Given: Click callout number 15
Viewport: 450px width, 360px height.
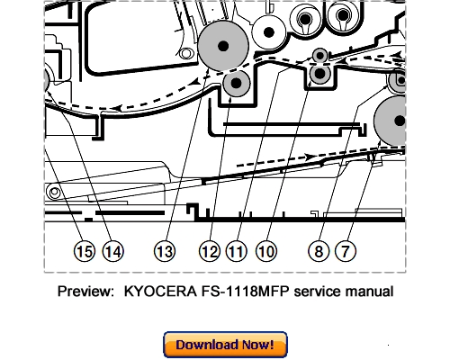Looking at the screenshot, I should click(x=85, y=252).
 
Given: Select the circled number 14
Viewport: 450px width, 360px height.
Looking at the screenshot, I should click(x=112, y=252).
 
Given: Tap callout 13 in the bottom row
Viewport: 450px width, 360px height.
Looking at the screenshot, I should click(x=164, y=252).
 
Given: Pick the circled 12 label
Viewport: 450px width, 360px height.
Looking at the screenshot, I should click(x=210, y=252).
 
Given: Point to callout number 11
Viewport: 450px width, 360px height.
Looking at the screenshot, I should click(x=237, y=252).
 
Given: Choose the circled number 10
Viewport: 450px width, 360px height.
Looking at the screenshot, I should click(x=265, y=252).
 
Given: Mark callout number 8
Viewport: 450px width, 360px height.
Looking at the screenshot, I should click(x=317, y=252).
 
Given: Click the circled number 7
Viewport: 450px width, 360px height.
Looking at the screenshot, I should click(x=344, y=252).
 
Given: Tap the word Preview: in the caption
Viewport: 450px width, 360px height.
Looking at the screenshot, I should click(x=88, y=292).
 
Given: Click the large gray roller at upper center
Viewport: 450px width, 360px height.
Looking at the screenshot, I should click(x=221, y=46).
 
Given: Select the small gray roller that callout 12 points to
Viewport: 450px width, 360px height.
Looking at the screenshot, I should click(x=236, y=85).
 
